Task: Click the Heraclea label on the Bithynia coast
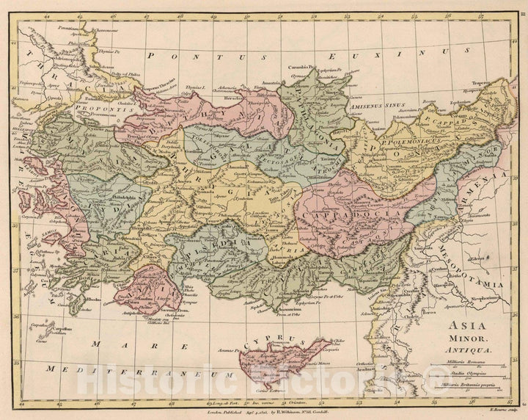point(236,96)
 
